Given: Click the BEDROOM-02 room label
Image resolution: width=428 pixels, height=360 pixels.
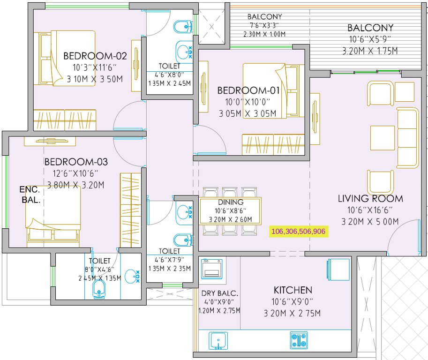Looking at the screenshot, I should coord(95,56).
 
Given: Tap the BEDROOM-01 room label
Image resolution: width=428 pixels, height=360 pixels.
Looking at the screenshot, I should coord(248,90).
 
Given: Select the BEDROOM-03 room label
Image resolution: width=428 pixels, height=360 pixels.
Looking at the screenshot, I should coord(76,162).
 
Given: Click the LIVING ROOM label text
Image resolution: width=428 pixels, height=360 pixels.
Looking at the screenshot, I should coord(370,199).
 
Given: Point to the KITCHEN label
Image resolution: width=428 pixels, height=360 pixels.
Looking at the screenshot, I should coord(293,290).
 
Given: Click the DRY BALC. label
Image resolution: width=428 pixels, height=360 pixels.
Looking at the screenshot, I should coord(220,293).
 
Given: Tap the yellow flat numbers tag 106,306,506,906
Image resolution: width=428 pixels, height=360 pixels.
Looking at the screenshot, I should coord(298,231).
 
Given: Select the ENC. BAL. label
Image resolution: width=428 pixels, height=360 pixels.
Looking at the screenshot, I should coord(30,195).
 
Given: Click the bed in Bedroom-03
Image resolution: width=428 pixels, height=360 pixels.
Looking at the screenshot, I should coord(53,216).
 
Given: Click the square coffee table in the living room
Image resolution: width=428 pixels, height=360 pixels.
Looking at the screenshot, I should coord(382,138).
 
